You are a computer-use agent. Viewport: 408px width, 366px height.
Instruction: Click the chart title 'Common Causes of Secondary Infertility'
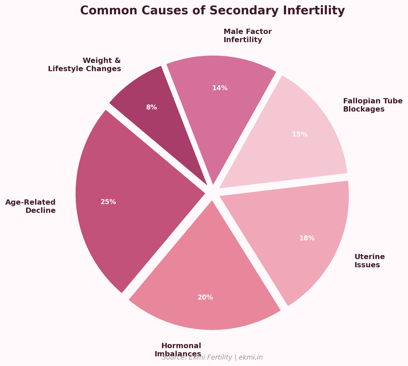click(212, 11)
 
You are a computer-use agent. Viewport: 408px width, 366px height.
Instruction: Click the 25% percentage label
click(108, 202)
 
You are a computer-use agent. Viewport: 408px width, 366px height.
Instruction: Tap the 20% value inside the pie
click(205, 297)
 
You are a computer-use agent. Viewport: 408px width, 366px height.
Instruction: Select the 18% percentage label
click(307, 238)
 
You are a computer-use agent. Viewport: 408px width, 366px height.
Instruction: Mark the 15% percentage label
click(300, 134)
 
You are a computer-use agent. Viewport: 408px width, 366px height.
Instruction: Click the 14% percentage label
click(220, 88)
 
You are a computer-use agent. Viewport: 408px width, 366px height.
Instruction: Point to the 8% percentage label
click(151, 107)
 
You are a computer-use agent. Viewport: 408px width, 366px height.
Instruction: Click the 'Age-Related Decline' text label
click(30, 206)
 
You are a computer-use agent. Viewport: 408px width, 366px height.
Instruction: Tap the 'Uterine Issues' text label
click(369, 261)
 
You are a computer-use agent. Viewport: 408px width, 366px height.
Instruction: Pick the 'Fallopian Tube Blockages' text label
click(373, 105)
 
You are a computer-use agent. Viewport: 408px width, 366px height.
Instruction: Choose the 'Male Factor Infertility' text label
click(248, 35)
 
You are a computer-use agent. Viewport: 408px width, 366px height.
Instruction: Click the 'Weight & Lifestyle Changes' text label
click(84, 65)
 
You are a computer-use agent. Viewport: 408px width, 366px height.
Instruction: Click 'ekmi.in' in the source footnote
click(250, 358)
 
